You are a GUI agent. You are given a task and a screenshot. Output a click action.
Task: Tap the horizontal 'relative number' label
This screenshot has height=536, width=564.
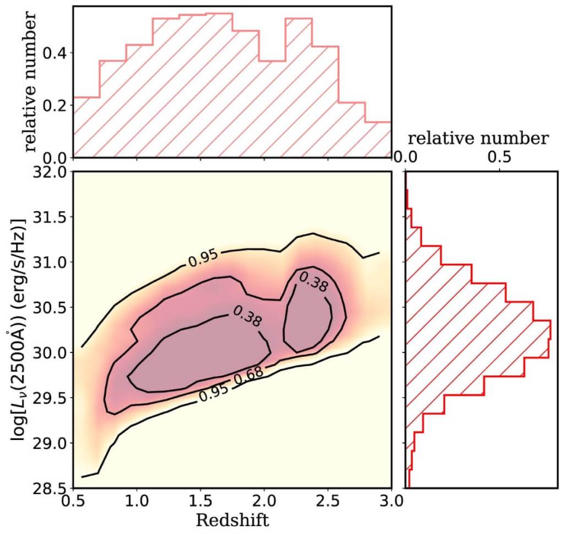point(479,138)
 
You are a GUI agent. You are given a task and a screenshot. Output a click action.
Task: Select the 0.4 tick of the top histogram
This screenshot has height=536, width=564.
point(55,53)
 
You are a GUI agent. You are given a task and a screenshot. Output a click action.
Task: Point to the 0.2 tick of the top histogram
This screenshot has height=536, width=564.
point(55,105)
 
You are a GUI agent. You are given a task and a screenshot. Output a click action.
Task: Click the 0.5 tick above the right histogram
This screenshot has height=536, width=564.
point(499,157)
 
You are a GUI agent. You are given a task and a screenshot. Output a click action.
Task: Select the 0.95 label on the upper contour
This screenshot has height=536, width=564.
point(203,258)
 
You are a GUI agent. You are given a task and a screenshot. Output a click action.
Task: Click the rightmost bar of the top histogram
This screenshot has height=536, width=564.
point(378,138)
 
